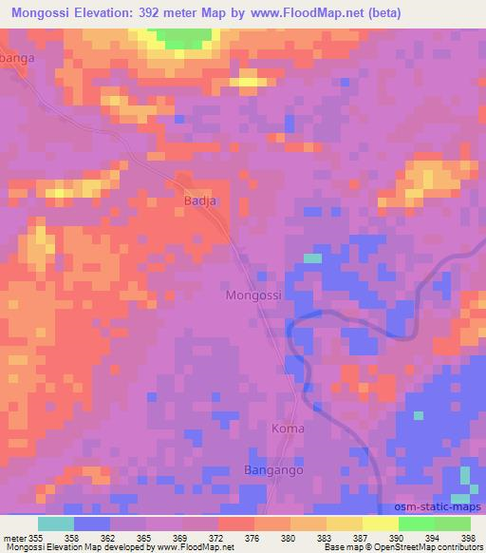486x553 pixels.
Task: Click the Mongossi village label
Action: tap(254, 296)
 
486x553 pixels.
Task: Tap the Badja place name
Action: tap(199, 200)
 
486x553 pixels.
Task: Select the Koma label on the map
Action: tap(288, 429)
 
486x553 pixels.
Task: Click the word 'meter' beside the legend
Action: tap(14, 538)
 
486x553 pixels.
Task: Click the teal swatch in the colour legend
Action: tap(56, 524)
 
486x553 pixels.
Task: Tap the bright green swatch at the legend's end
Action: tap(452, 524)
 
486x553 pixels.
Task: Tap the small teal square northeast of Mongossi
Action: tap(311, 257)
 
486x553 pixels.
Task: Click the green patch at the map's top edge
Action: tap(183, 38)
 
